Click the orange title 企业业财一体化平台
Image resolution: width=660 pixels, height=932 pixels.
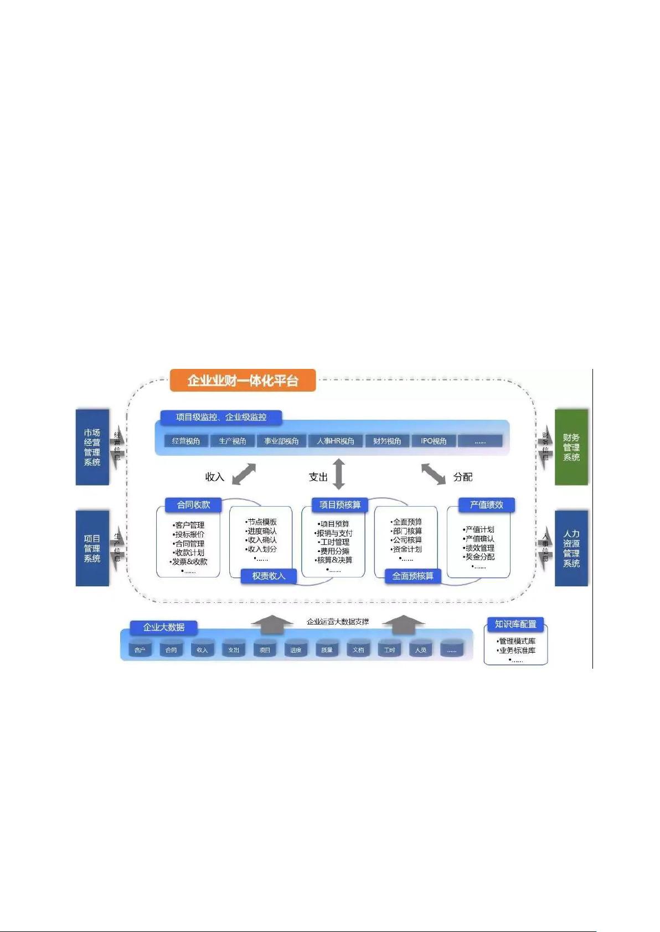tap(243, 381)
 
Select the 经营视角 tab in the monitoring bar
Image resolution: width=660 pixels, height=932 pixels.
tap(186, 441)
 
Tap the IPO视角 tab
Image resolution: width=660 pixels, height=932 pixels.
tap(434, 441)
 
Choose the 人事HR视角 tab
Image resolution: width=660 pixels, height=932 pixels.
tap(335, 441)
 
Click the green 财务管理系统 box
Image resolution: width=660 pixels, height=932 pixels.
tap(571, 447)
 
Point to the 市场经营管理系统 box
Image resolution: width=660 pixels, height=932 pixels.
tap(92, 447)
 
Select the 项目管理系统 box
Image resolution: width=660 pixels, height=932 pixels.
tap(92, 548)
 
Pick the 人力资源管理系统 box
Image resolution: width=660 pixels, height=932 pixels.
tap(571, 548)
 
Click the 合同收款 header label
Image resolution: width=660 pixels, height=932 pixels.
tap(193, 505)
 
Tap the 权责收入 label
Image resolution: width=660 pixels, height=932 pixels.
tap(269, 576)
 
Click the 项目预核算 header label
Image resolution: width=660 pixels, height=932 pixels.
tap(339, 505)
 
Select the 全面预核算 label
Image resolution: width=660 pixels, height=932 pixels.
tap(412, 576)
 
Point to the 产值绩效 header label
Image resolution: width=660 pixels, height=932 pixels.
tap(486, 505)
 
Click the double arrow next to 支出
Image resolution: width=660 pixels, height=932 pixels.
tap(339, 474)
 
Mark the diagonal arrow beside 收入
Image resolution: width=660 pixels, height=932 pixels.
tap(244, 474)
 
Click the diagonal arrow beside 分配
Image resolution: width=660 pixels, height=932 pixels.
tap(434, 474)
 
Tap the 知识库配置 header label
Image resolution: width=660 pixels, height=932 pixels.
tap(515, 624)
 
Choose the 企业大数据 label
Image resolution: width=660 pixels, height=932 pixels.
tap(164, 627)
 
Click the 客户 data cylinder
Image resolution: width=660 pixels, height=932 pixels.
tap(140, 649)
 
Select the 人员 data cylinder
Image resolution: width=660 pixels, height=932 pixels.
tap(421, 649)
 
